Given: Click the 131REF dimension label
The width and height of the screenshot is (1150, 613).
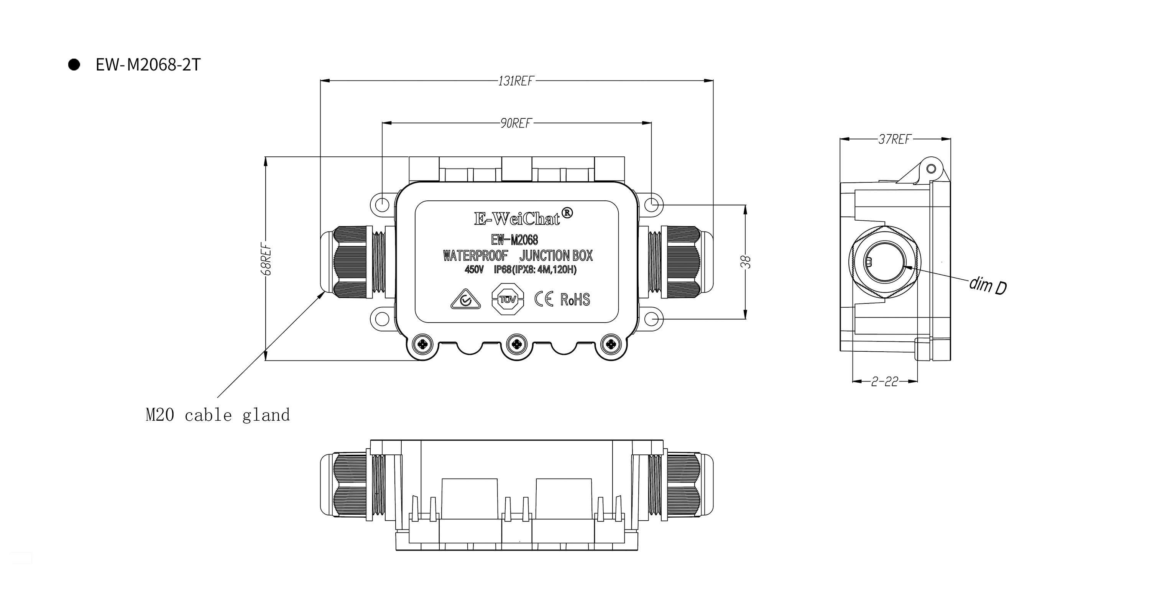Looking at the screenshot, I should (516, 81).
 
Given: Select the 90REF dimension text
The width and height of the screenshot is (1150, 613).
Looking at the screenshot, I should (516, 123).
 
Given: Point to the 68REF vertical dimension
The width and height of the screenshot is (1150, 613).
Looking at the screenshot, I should (267, 258).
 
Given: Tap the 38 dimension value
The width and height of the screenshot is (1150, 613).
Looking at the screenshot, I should (746, 262).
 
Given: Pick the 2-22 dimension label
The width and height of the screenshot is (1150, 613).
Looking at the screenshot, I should (884, 382).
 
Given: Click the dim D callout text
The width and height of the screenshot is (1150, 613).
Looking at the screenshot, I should (987, 285).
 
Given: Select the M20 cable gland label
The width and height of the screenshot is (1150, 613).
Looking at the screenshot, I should (217, 415).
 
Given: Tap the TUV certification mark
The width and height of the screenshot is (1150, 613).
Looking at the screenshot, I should (507, 299).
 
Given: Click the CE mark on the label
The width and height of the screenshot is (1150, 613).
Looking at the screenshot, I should (544, 299).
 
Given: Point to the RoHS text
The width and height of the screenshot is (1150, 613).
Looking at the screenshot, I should (575, 299).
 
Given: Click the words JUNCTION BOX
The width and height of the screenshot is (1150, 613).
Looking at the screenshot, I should (556, 256).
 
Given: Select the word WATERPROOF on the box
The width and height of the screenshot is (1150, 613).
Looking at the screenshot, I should (475, 256).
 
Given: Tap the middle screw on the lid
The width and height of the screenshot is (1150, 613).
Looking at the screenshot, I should (516, 344).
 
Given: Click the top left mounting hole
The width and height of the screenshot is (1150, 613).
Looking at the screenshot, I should (382, 205).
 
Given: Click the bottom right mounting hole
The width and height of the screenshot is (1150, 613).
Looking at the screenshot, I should (651, 319).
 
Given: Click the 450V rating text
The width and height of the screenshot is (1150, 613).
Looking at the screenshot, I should (474, 270).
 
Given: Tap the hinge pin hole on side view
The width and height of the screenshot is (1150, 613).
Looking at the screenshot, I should (931, 169).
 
